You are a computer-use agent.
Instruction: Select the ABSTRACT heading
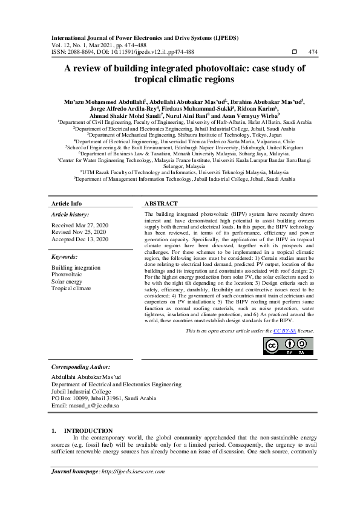click(x=162, y=204)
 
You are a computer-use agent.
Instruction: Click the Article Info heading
click(x=67, y=204)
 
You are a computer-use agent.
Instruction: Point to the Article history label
click(x=70, y=215)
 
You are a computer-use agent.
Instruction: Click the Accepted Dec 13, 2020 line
click(x=80, y=239)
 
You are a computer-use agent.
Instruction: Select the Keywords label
click(x=65, y=256)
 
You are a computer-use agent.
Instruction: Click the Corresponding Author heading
click(x=80, y=367)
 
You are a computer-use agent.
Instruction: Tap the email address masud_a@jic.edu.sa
click(x=85, y=406)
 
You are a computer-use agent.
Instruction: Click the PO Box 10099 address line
click(x=104, y=398)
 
